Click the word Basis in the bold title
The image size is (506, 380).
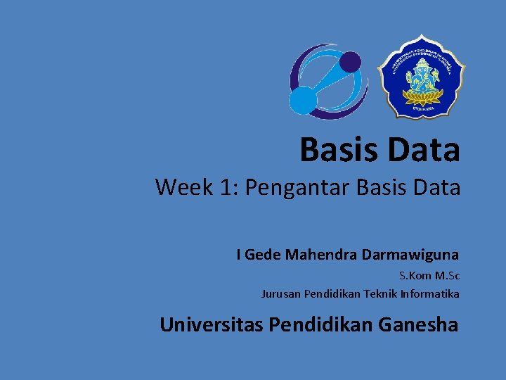(334, 150)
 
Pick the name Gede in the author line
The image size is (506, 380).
(262, 255)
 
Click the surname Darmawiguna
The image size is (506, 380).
(410, 255)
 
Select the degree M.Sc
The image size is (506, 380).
(448, 275)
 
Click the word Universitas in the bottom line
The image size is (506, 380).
(212, 325)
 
